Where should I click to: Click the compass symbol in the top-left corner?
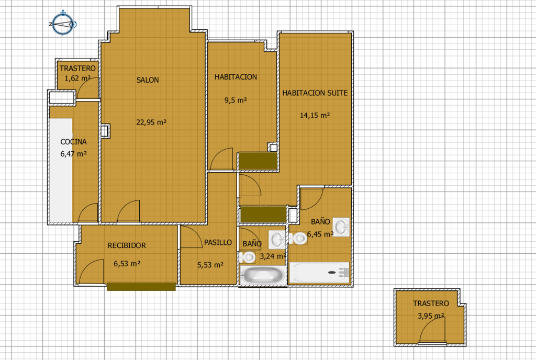pos(63,24)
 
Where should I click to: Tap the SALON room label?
pos(148,80)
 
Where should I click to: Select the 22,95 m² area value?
pos(151,122)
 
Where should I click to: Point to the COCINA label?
pos(73,142)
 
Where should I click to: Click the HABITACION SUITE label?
pos(315,93)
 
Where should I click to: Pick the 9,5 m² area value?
pos(236,100)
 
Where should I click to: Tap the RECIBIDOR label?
pos(127,245)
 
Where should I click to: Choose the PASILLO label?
pos(218,242)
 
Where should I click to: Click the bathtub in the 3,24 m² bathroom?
pos(263,275)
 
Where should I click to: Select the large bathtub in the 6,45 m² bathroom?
pos(319,272)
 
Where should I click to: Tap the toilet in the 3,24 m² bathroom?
pos(247,257)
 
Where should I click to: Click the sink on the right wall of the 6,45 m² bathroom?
pos(341,227)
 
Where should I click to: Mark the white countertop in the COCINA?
pos(61,170)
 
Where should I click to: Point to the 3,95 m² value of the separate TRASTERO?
pos(431,316)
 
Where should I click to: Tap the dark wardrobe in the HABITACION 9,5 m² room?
pos(258,161)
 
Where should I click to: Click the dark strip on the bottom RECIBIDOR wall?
pos(141,286)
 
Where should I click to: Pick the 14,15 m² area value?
pos(315,116)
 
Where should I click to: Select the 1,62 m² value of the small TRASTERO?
pos(77,78)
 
